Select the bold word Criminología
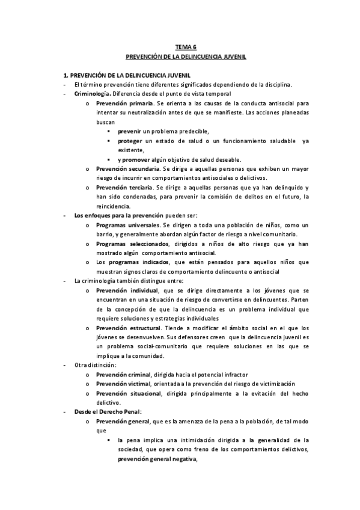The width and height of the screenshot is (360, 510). tap(92, 94)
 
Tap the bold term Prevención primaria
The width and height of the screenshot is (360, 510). tap(121, 103)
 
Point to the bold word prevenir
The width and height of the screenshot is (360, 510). tap(129, 131)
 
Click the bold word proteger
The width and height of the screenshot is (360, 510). tap(130, 141)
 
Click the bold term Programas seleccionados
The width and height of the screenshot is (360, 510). tap(129, 244)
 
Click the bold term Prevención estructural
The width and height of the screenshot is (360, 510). tap(126, 328)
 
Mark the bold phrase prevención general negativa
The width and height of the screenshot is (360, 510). tap(156, 458)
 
